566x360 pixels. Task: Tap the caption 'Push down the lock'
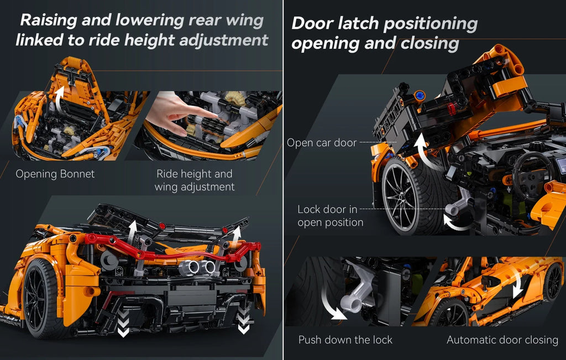(345, 340)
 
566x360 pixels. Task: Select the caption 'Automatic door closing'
(502, 340)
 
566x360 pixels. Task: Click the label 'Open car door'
(322, 143)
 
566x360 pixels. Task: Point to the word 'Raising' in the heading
(49, 20)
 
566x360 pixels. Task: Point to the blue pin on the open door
(419, 96)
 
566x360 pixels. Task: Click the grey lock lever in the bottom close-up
(355, 289)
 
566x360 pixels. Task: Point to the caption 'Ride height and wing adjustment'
(195, 180)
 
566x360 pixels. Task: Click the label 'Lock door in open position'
(330, 216)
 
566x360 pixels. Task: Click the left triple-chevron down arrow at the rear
(123, 322)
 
